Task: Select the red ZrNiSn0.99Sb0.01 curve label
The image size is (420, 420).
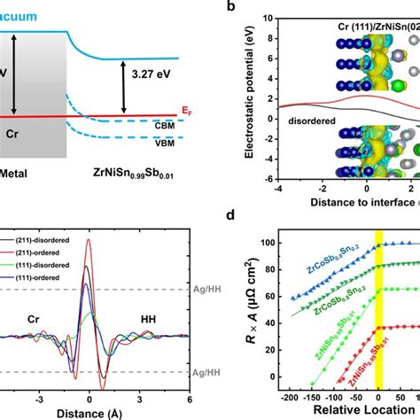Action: point(351,358)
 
